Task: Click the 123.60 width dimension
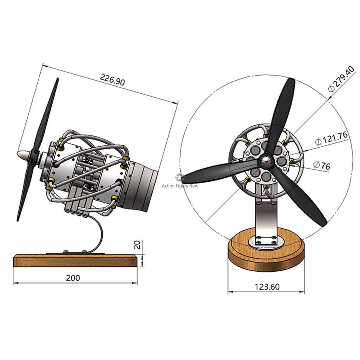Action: pos(267,287)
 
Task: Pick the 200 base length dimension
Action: pos(73,278)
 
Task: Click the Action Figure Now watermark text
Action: pos(180,186)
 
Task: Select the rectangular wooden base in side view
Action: pos(75,261)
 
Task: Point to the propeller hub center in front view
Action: pos(266,161)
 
